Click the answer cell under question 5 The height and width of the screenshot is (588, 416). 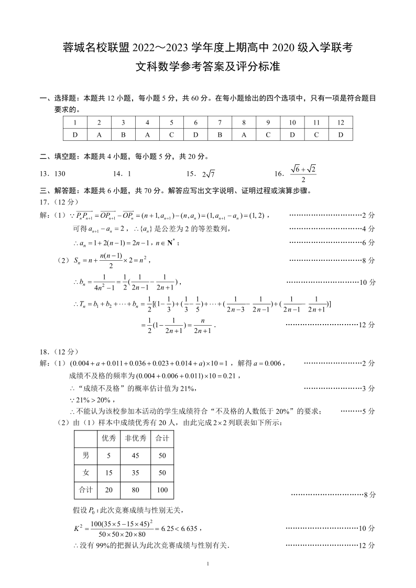coord(171,135)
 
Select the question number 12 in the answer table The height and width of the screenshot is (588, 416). coord(341,123)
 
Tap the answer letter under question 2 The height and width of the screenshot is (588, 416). coord(99,135)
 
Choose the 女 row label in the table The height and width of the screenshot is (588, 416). coord(86,473)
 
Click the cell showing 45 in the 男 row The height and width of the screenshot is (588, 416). coord(135,456)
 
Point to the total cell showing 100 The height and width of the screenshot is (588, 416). coord(162,490)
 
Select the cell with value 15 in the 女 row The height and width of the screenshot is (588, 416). coord(108,473)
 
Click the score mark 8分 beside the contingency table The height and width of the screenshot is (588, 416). coord(370,494)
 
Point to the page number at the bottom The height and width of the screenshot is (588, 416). coord(208,564)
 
